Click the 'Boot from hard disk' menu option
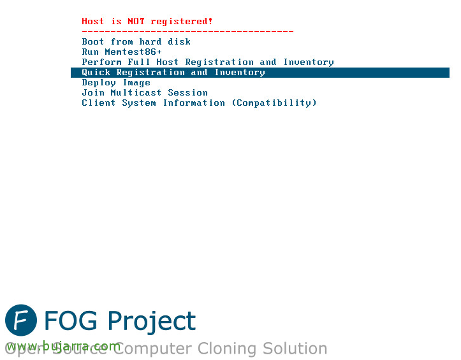136,41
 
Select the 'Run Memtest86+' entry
122,52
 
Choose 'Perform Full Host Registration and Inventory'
208,62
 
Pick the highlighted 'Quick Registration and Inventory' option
173,73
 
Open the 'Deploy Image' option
116,83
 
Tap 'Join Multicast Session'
145,93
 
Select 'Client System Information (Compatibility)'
200,103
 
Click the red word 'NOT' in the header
136,22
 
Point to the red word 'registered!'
181,22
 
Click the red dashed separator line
187,31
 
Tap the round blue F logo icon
21,320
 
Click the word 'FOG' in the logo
71,320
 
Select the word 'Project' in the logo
152,322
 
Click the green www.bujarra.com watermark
64,347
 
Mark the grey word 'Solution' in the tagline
295,349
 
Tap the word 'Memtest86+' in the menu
133,52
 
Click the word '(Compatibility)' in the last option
274,103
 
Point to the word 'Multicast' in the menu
136,93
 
